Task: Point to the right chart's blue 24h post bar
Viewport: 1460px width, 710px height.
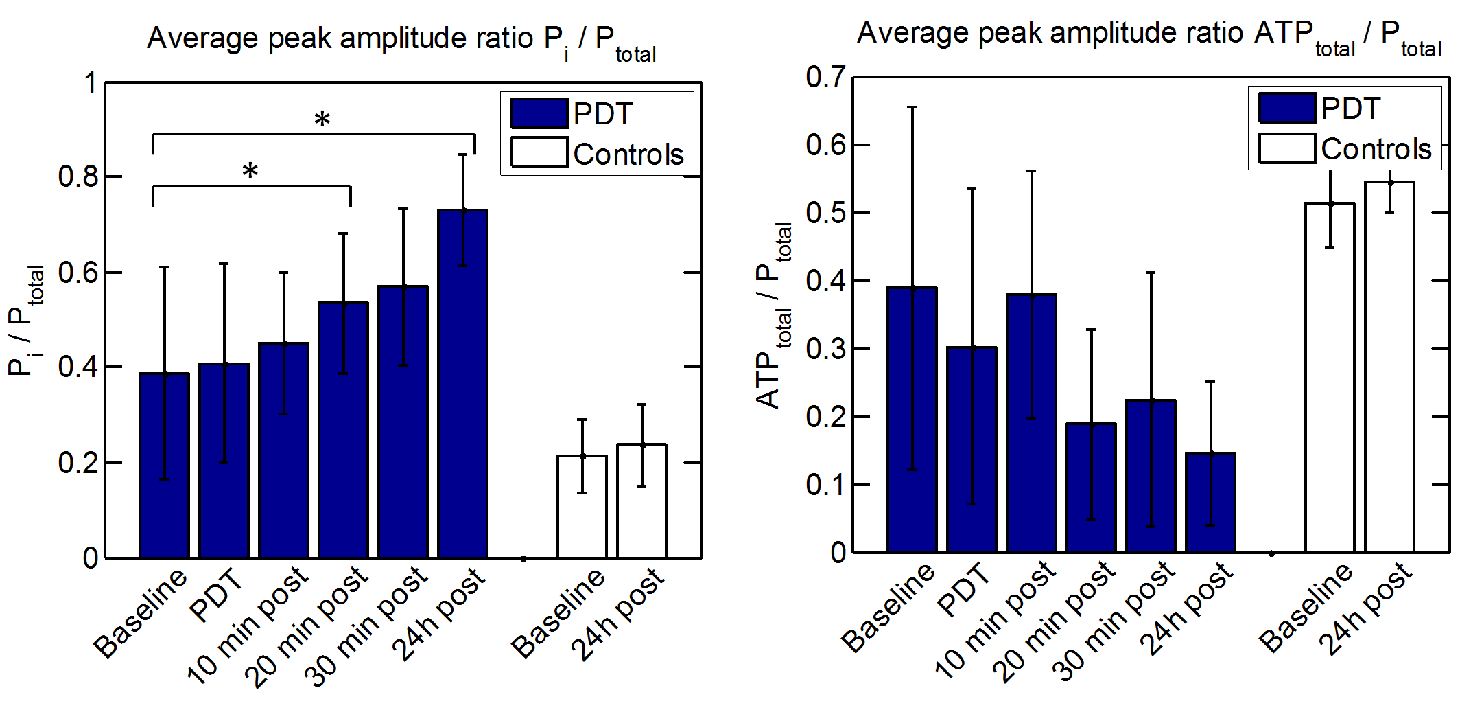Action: click(x=1210, y=502)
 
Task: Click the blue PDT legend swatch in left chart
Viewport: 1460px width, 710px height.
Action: click(x=539, y=113)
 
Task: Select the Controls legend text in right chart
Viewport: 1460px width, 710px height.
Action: click(x=1376, y=149)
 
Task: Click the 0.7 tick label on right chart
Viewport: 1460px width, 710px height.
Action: click(x=826, y=77)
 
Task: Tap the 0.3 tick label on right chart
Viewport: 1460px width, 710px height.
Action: click(x=826, y=349)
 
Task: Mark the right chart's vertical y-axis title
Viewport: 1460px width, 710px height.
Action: click(x=774, y=316)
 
